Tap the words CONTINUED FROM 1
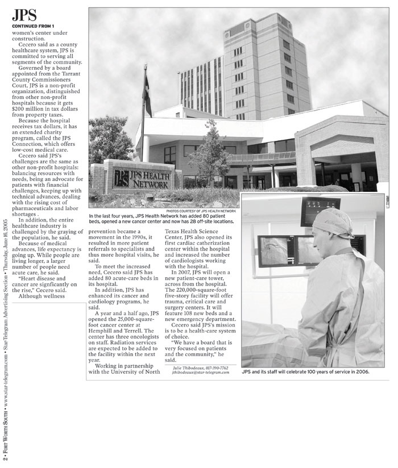tap(32, 26)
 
